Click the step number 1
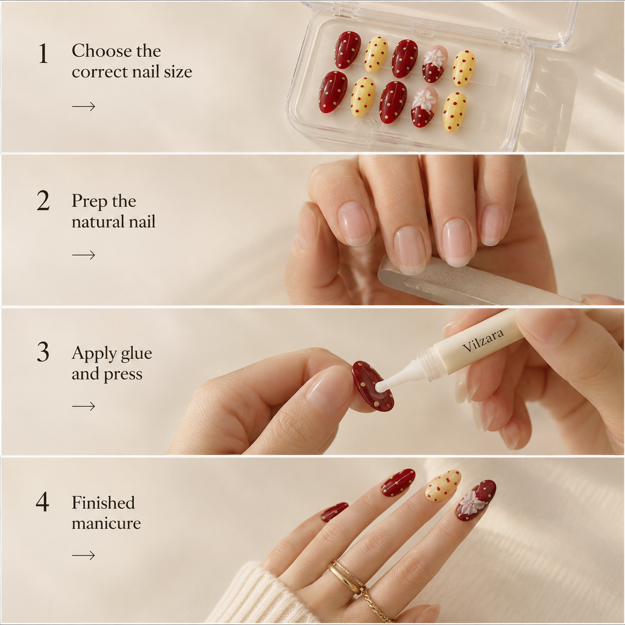point(43,53)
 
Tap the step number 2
point(43,201)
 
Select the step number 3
point(43,352)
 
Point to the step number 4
point(43,502)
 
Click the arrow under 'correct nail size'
point(83,106)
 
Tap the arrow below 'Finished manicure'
point(83,556)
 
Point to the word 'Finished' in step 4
point(103,503)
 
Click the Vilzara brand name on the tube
point(483,340)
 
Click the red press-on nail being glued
point(373,386)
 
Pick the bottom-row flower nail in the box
point(424,107)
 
